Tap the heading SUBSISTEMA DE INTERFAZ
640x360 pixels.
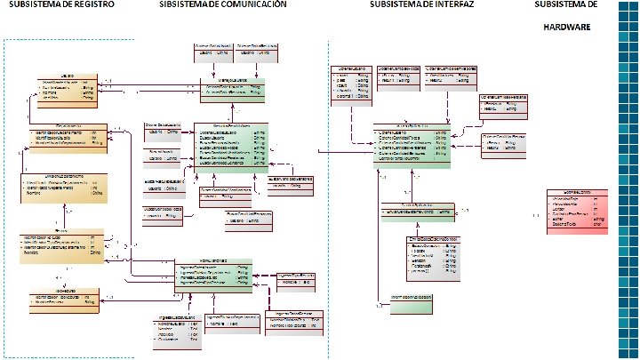[422, 5]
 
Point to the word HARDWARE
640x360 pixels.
[573, 27]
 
